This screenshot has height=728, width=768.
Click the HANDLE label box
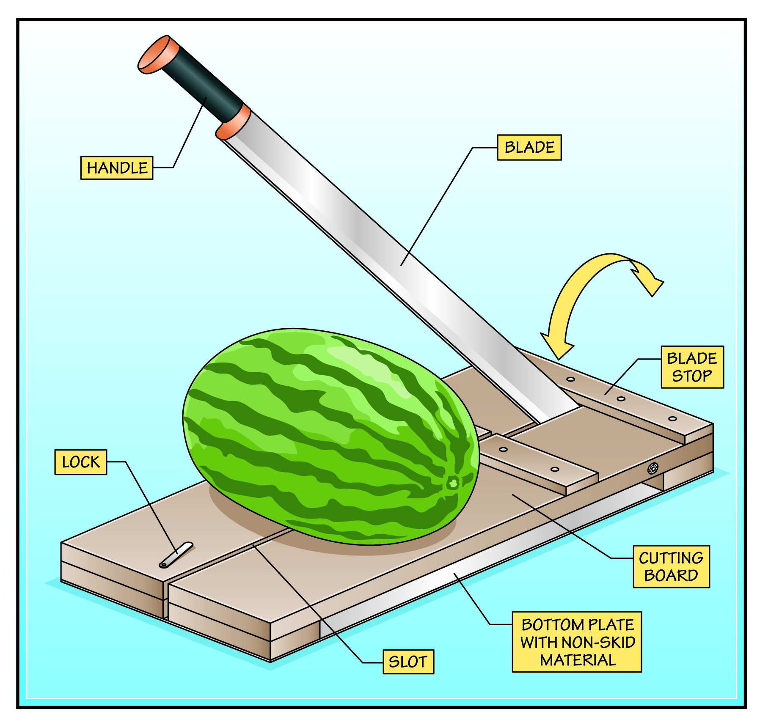[x=117, y=168]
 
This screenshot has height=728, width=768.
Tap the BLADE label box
[x=529, y=148]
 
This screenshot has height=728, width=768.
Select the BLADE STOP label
[x=692, y=367]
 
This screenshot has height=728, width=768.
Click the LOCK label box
[x=80, y=462]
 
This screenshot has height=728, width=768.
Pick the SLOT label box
[x=408, y=662]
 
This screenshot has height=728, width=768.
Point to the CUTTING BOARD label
[x=671, y=566]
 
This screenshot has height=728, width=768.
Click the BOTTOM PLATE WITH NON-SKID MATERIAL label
[x=577, y=642]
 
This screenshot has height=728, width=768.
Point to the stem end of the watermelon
[x=453, y=483]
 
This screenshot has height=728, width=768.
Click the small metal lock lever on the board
[x=176, y=555]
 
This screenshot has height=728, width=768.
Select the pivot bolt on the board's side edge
[x=652, y=468]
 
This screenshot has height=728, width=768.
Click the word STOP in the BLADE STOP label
[x=692, y=376]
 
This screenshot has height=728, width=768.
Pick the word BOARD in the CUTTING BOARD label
[x=671, y=576]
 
